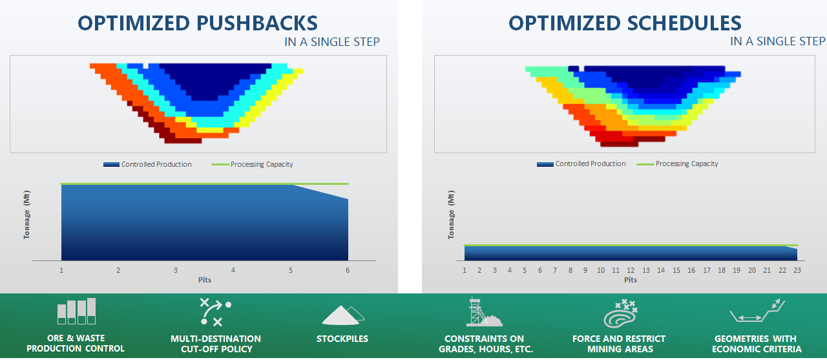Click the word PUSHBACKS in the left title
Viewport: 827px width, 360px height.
(x=257, y=23)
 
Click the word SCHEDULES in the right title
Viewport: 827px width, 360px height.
(x=684, y=23)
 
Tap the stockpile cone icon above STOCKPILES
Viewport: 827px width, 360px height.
(x=342, y=315)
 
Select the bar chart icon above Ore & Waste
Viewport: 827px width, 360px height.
(x=76, y=312)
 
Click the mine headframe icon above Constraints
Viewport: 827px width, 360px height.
(x=484, y=312)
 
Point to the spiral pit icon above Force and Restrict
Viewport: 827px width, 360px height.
(x=621, y=313)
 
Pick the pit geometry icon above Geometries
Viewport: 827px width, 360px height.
(x=757, y=310)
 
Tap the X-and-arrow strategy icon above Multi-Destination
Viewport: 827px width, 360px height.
(x=215, y=312)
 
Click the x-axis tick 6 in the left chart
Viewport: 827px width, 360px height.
(x=348, y=270)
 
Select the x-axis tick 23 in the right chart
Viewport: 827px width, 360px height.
(x=797, y=270)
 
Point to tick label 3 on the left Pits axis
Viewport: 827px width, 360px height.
(x=176, y=270)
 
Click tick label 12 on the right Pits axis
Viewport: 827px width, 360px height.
(x=631, y=270)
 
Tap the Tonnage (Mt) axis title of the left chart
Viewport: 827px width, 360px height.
(x=26, y=215)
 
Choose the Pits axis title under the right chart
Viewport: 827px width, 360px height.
(x=631, y=280)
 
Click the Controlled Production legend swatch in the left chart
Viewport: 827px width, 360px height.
(x=111, y=164)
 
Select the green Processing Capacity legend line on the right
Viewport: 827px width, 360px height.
(x=645, y=164)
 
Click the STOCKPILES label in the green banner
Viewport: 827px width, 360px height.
(x=342, y=339)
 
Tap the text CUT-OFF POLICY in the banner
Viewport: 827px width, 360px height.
(x=216, y=349)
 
